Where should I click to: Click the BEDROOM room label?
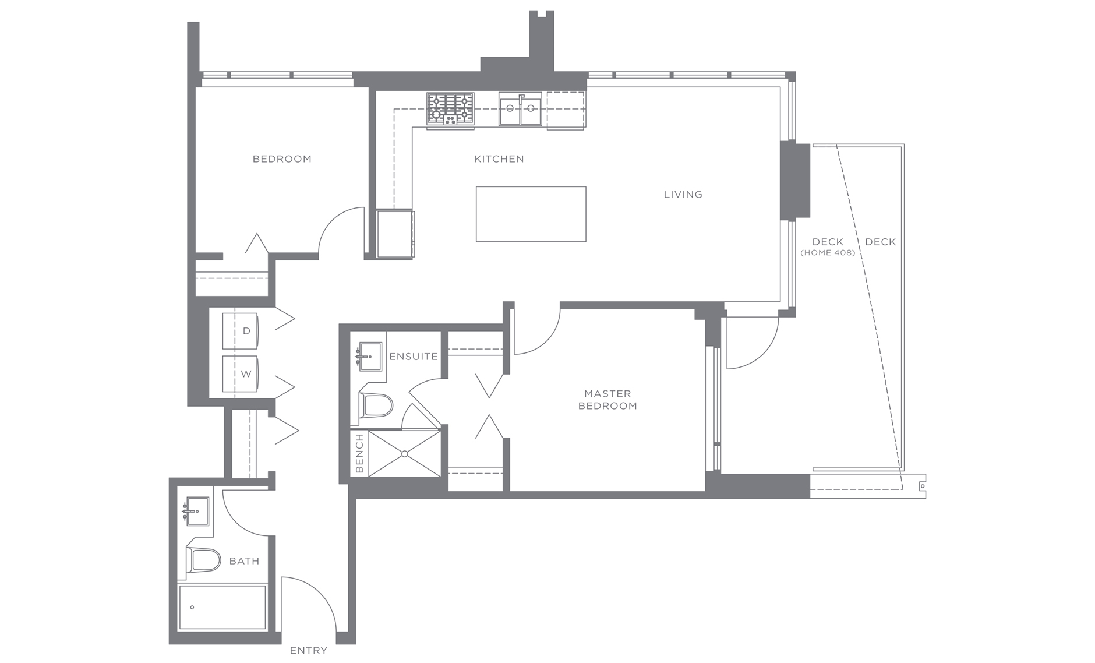click(x=282, y=159)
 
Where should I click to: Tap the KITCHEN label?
click(x=499, y=159)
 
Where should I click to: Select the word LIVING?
click(x=683, y=195)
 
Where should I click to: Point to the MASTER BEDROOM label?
click(x=607, y=400)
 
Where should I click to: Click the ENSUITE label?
click(x=414, y=357)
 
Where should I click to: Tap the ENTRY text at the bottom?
click(x=308, y=650)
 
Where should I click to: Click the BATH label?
click(x=244, y=561)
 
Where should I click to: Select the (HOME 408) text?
click(x=828, y=253)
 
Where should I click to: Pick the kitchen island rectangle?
click(x=531, y=214)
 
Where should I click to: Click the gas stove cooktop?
click(x=450, y=109)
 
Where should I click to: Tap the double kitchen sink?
click(x=520, y=109)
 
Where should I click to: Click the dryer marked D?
click(x=241, y=331)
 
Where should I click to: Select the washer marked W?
click(x=241, y=373)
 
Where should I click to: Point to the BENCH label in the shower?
click(x=359, y=453)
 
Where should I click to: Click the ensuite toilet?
click(x=376, y=405)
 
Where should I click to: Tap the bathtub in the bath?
click(x=222, y=607)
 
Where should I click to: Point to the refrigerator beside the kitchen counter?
click(x=395, y=234)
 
